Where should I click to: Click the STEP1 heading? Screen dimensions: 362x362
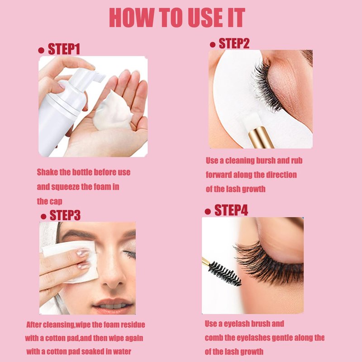(64, 49)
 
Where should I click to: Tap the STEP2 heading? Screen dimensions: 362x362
(234, 43)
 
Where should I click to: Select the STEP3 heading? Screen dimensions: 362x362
(65, 215)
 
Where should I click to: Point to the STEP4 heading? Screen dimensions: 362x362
(231, 210)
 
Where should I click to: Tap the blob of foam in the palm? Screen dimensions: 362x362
(113, 112)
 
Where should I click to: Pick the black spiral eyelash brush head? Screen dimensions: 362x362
(225, 273)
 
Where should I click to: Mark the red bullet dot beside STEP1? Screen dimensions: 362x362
(41, 51)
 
